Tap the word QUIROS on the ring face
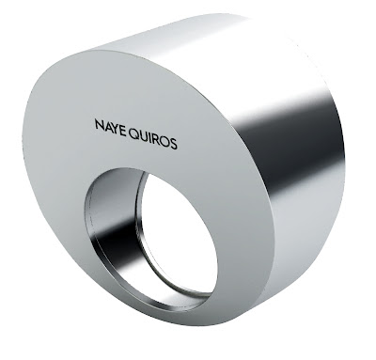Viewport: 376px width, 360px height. coord(153,139)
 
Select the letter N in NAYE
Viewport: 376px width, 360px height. coord(100,124)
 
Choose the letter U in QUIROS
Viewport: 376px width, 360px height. coord(144,136)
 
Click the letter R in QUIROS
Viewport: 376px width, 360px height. coord(156,140)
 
